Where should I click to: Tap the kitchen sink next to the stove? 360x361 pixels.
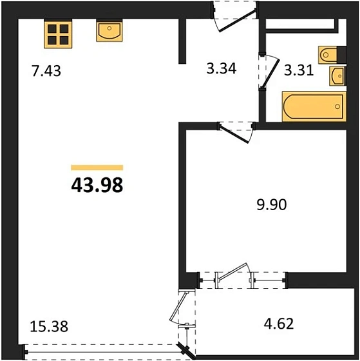(x=109, y=30)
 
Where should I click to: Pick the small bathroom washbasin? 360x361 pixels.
(x=337, y=75)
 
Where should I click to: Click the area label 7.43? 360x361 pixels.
(x=46, y=70)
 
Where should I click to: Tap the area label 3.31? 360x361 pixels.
(x=298, y=70)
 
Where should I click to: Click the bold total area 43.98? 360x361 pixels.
(x=96, y=185)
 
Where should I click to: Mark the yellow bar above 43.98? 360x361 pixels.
(x=97, y=168)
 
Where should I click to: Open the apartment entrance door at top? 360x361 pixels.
(x=230, y=17)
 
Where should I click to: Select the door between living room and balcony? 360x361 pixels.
(x=182, y=313)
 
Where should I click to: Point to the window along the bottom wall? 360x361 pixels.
(x=103, y=352)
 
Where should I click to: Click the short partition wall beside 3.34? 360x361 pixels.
(x=182, y=42)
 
